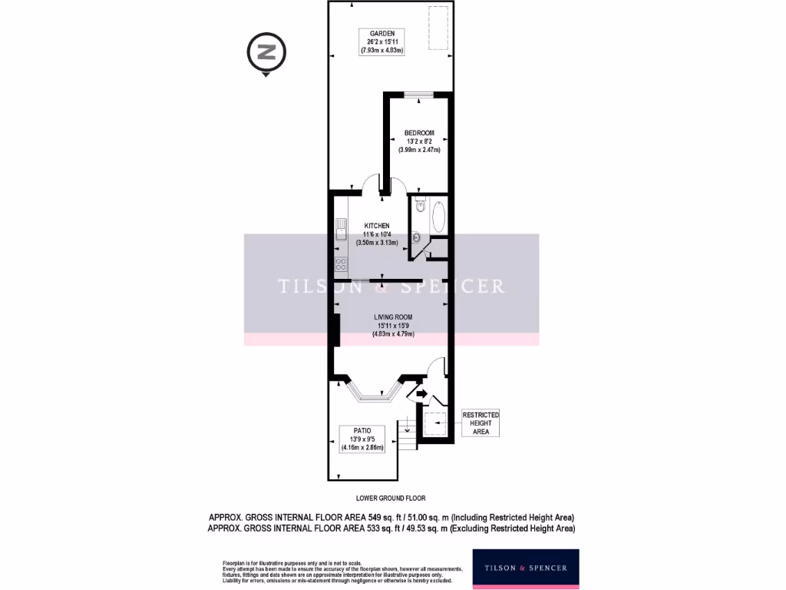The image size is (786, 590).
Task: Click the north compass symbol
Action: pyautogui.click(x=266, y=53)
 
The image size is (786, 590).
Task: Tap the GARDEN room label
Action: pyautogui.click(x=381, y=34)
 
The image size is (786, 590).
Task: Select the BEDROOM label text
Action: pyautogui.click(x=420, y=132)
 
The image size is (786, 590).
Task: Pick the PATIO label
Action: pyautogui.click(x=362, y=432)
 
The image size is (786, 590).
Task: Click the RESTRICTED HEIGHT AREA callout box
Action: pyautogui.click(x=480, y=423)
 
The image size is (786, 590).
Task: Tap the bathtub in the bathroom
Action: pyautogui.click(x=438, y=218)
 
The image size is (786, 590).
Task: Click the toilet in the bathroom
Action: pyautogui.click(x=419, y=204)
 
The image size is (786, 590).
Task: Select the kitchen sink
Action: pyautogui.click(x=341, y=230)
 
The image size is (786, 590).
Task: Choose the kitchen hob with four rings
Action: pyautogui.click(x=341, y=264)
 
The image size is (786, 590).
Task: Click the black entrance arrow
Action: pyautogui.click(x=420, y=394)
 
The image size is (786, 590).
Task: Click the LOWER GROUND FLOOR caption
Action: pyautogui.click(x=391, y=498)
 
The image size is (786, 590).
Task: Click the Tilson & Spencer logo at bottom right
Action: pyautogui.click(x=525, y=568)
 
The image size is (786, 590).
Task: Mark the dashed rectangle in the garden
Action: pyautogui.click(x=438, y=28)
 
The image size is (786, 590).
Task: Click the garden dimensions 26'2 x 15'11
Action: pyautogui.click(x=381, y=42)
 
